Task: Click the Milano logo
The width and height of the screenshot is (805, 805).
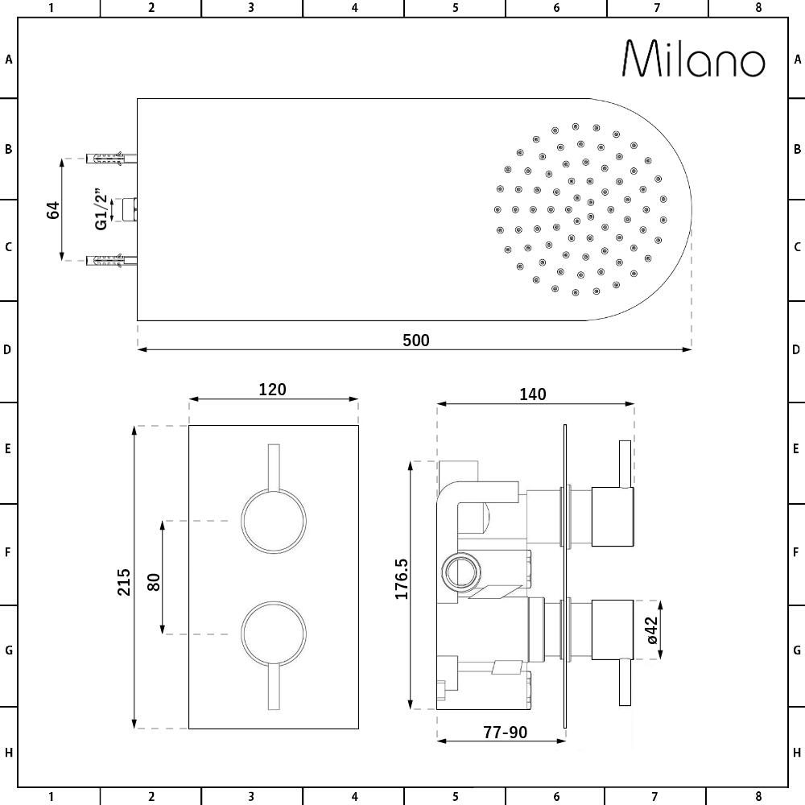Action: point(694,59)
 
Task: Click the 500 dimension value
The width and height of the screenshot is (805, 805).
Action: point(416,341)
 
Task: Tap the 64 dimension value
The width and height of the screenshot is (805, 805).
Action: point(53,210)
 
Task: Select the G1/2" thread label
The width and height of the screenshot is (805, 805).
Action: point(101,210)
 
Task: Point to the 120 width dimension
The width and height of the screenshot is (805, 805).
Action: point(272,390)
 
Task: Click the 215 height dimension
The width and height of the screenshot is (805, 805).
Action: point(124,582)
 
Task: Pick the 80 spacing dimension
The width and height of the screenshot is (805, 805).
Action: point(154,582)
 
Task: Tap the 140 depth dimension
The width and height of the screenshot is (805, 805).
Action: point(532,394)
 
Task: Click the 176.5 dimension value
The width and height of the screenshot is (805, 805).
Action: point(402,579)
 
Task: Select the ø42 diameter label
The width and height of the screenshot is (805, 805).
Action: point(651,630)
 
